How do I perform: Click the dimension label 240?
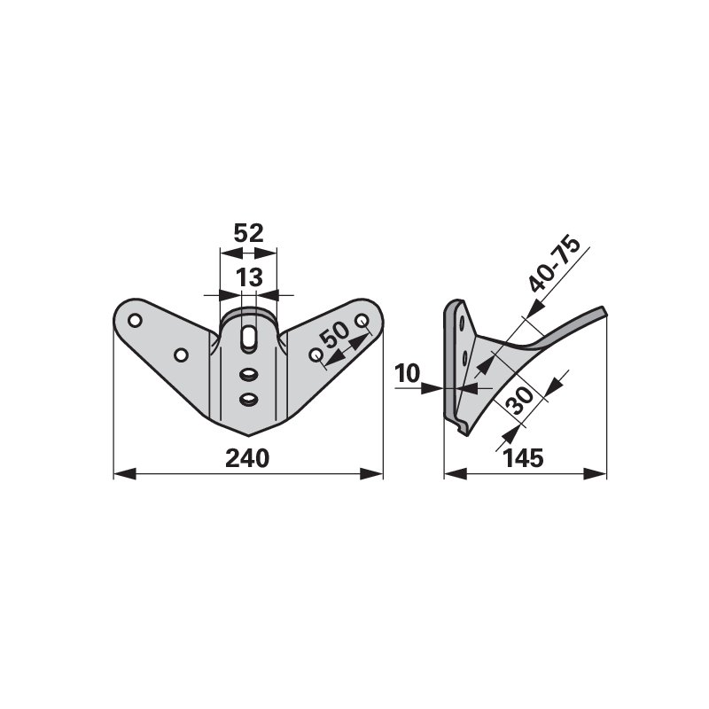point(247,458)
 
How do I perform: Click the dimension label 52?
point(248,233)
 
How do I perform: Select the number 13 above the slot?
point(249,277)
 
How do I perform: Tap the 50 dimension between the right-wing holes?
point(335,335)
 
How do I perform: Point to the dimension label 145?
point(523,458)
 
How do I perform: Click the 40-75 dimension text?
point(555,264)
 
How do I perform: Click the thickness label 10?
point(408,374)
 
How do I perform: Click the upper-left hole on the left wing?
point(136,321)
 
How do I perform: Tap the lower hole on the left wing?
point(181,355)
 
